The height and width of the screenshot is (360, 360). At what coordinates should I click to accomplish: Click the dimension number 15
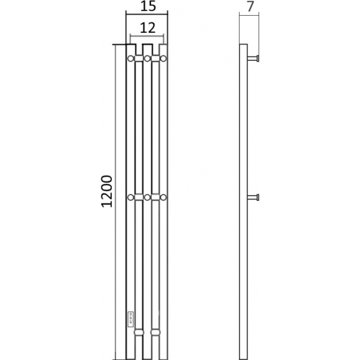[x=148, y=6]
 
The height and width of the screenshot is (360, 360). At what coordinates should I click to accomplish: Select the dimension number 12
[x=148, y=28]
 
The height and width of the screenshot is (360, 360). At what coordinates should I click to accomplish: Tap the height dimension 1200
[x=107, y=191]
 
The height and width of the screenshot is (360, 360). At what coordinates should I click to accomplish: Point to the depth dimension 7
[x=250, y=7]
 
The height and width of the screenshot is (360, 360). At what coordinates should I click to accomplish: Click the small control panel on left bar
[x=130, y=318]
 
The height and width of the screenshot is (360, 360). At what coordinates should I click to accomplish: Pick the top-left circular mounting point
[x=131, y=58]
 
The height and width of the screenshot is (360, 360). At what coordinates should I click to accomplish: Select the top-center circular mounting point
[x=147, y=58]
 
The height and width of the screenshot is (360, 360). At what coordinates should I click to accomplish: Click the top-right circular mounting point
[x=163, y=58]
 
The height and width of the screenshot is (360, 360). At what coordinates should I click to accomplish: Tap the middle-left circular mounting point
[x=131, y=197]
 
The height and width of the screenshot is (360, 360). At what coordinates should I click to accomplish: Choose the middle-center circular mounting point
[x=147, y=197]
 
